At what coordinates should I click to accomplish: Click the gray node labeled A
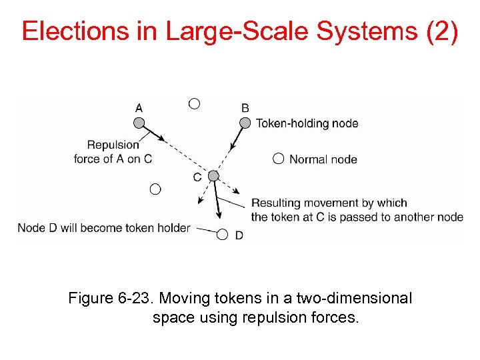point(139,123)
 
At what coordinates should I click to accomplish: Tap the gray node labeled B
point(245,123)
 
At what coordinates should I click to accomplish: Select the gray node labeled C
point(213,176)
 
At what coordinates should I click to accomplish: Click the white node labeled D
point(223,234)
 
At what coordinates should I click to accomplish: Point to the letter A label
point(139,107)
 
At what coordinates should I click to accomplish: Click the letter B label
point(245,107)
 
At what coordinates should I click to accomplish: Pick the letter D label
point(239,235)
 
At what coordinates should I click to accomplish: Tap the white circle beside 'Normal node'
point(278,159)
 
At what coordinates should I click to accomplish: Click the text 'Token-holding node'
point(307,123)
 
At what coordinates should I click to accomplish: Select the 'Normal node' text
point(323,159)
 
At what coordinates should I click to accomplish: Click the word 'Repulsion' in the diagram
point(113,145)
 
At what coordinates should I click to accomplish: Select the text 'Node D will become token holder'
point(104,228)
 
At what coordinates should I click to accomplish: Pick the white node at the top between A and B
point(194,103)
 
